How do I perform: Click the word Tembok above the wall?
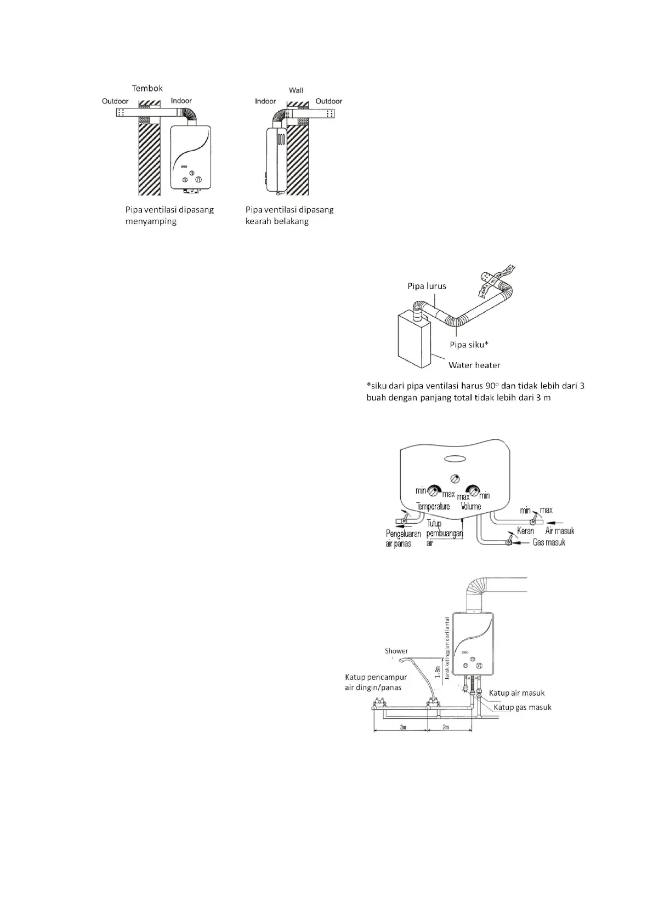click(147, 88)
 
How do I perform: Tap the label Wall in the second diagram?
click(296, 90)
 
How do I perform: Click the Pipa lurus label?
click(427, 286)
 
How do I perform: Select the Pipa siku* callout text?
click(469, 345)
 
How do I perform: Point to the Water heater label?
click(474, 365)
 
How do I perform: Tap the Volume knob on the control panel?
click(472, 491)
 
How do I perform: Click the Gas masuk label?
click(548, 542)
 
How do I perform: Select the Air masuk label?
click(560, 530)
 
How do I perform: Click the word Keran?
click(525, 531)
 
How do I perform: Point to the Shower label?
click(396, 651)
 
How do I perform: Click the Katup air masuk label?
click(516, 693)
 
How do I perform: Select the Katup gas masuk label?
click(523, 707)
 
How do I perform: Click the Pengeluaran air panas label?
click(403, 539)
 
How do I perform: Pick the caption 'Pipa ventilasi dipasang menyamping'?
click(169, 215)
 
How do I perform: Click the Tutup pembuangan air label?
click(444, 533)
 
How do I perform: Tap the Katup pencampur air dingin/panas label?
click(376, 683)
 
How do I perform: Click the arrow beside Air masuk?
click(555, 521)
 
